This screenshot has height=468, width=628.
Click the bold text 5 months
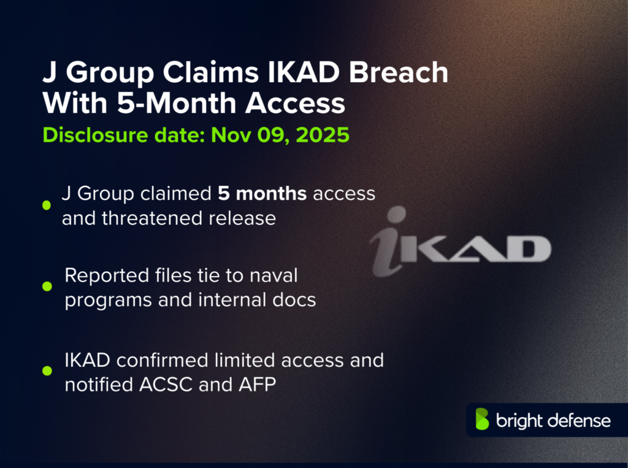click(x=262, y=194)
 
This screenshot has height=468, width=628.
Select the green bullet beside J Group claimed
click(x=46, y=205)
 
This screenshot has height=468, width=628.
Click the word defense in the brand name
click(x=579, y=421)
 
